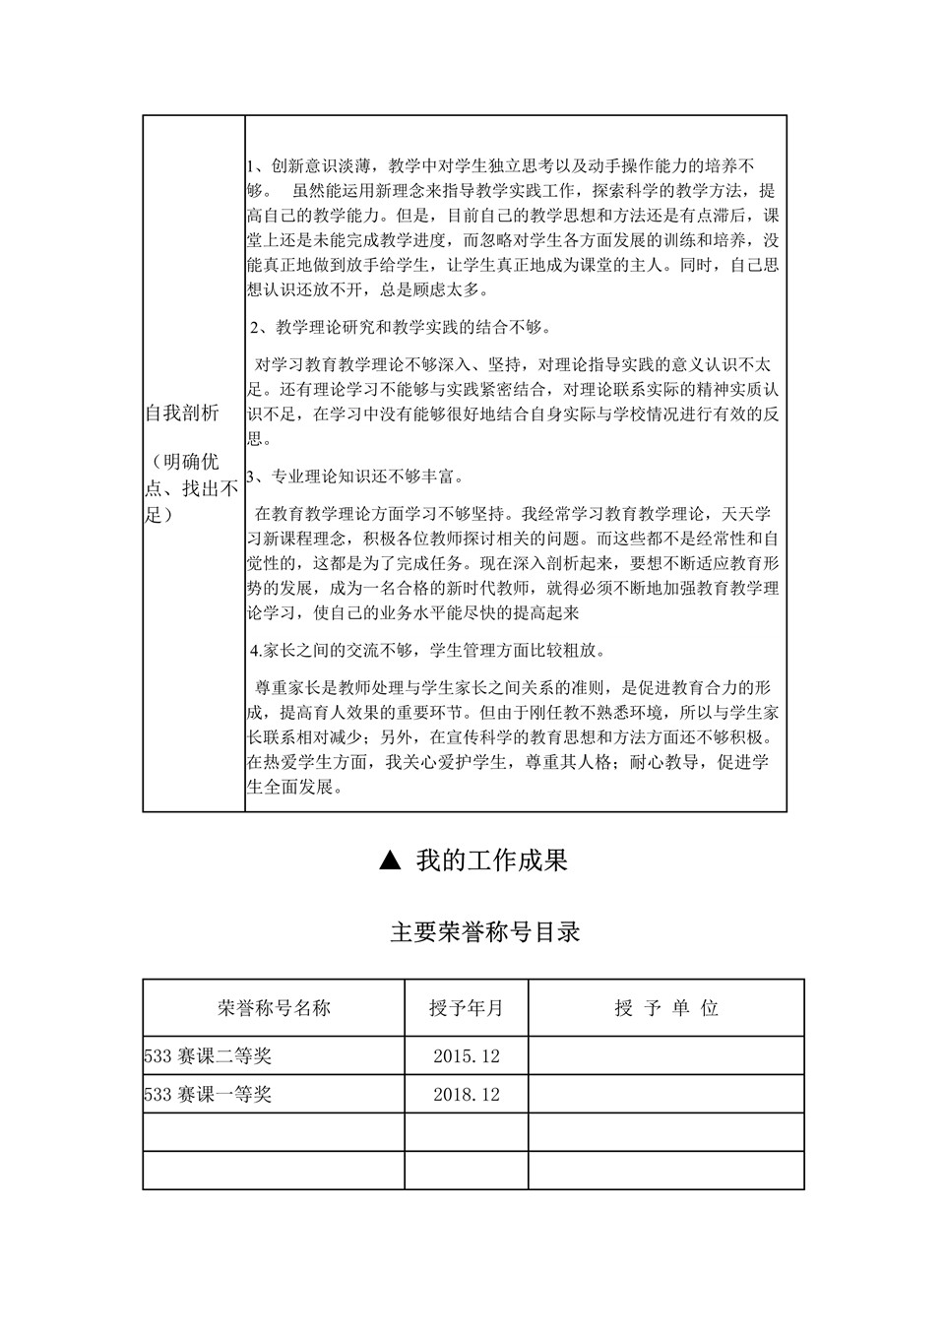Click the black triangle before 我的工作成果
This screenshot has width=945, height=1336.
pos(390,861)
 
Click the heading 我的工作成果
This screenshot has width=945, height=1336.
pos(491,861)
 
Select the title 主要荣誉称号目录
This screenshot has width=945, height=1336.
pos(485,931)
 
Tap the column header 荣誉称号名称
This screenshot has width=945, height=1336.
pos(274,1008)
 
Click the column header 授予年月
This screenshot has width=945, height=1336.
pos(466,1008)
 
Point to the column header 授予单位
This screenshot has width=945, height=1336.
pos(666,1008)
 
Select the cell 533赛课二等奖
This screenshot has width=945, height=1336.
pos(208,1056)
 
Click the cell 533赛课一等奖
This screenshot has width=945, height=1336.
pos(208,1094)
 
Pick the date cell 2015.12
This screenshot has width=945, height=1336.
pos(467,1056)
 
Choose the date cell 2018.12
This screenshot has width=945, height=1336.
pos(467,1094)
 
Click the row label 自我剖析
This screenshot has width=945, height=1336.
pos(182,414)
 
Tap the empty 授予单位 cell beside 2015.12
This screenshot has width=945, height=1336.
pos(666,1056)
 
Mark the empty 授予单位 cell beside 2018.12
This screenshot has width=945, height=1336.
pos(666,1094)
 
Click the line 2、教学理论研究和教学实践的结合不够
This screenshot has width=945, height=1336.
pos(401,327)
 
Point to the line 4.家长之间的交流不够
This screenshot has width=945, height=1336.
pos(428,650)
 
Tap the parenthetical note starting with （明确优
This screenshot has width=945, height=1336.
pos(192,488)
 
